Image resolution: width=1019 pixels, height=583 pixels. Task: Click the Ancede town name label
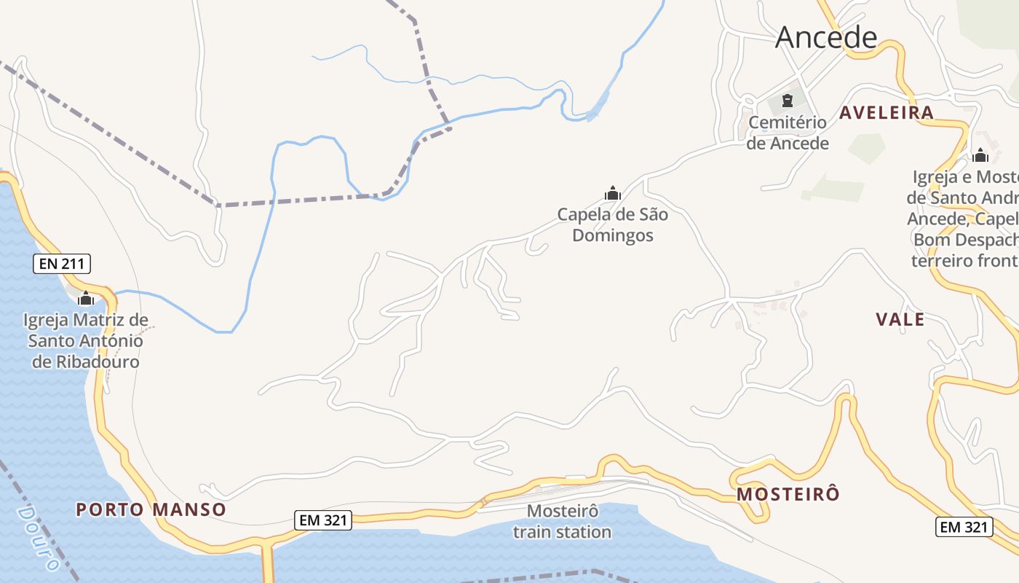tap(826, 36)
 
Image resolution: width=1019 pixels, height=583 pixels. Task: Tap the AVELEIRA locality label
tap(886, 112)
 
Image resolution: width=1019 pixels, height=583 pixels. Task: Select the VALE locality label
tap(900, 319)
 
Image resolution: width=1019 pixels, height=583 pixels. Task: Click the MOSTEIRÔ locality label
tap(788, 494)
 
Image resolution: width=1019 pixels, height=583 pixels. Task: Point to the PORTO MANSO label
tap(151, 509)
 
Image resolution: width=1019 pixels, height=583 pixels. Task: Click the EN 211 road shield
tap(62, 264)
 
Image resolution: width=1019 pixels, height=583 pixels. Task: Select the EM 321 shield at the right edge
tap(964, 527)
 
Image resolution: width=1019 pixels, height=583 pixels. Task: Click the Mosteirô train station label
tap(562, 521)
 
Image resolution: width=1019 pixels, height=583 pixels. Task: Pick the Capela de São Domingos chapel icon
tap(613, 193)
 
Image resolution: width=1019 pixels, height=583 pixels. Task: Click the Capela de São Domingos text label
tap(612, 225)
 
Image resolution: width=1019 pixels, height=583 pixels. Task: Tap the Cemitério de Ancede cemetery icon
tap(787, 101)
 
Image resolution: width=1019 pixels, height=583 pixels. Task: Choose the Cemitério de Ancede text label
tap(788, 133)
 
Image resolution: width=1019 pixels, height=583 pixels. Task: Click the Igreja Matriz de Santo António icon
tap(86, 298)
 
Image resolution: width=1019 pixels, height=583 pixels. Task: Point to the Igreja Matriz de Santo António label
tap(86, 340)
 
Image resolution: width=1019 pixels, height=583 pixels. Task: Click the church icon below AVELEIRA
tap(980, 155)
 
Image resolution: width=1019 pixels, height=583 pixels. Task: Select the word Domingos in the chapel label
tap(612, 235)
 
